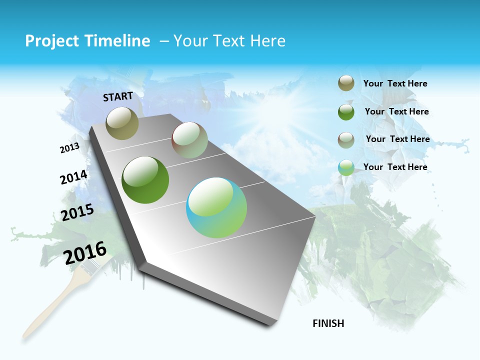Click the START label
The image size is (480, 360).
tap(118, 96)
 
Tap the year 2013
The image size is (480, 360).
tap(69, 148)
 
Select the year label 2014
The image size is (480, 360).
tap(73, 177)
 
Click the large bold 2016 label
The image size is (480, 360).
tap(85, 252)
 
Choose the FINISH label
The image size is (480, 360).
tap(328, 323)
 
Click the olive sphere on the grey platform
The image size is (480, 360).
tap(122, 123)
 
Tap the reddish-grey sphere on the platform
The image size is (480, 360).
tap(189, 140)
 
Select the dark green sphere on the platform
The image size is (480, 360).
tap(145, 180)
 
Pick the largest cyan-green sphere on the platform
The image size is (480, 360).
tap(216, 207)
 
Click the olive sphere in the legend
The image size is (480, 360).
tap(346, 83)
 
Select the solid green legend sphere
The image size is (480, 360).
tap(346, 112)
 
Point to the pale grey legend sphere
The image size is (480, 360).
tap(346, 140)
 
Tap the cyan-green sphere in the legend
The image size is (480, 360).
tap(346, 167)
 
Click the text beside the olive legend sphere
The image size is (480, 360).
tap(395, 84)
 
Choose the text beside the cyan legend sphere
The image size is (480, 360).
tap(395, 167)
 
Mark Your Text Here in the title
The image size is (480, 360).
tap(229, 41)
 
